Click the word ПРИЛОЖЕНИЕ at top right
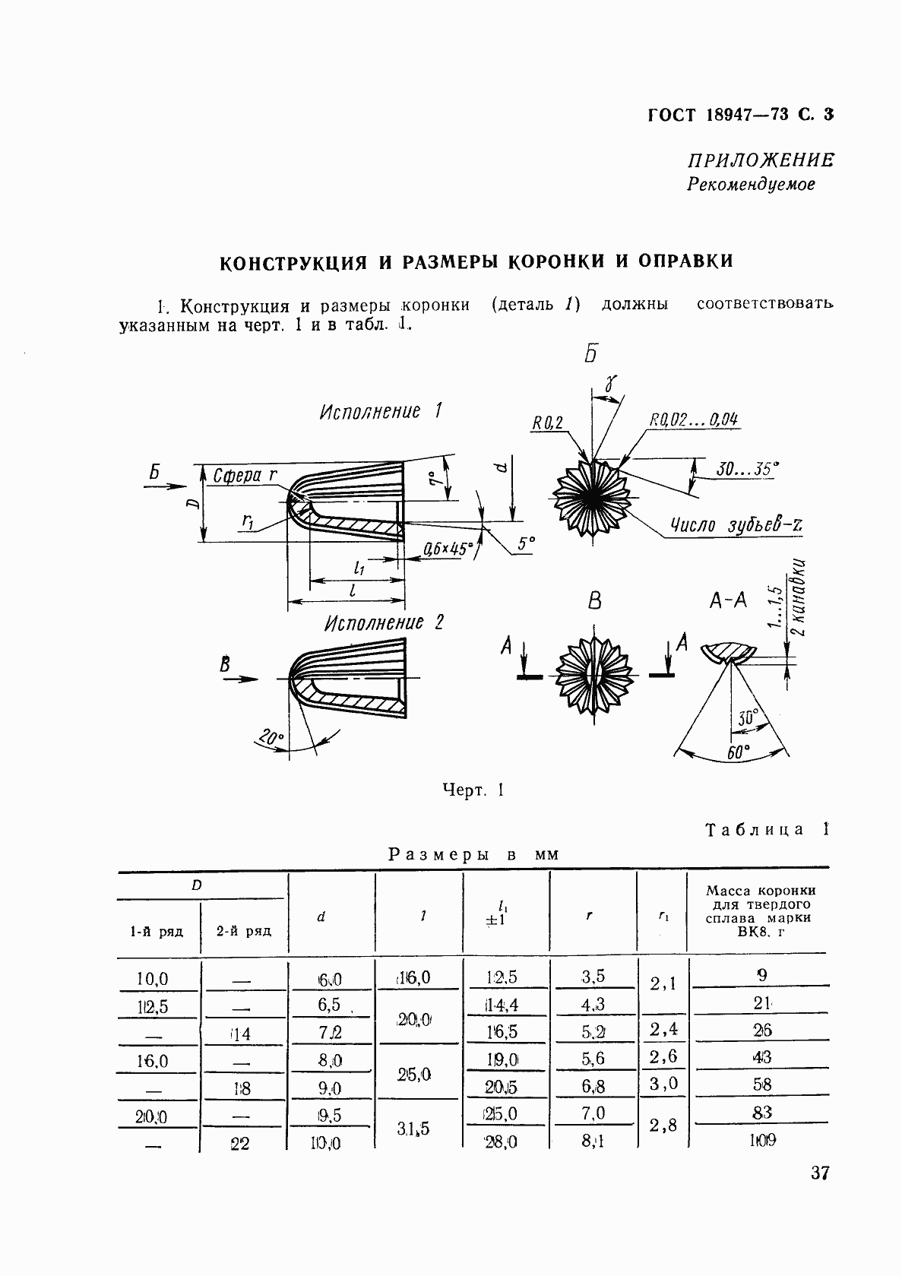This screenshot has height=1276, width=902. pyautogui.click(x=760, y=160)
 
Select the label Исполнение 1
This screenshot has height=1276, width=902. pyautogui.click(x=381, y=412)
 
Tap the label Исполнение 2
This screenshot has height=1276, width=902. pyautogui.click(x=384, y=623)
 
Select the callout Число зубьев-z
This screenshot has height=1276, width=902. pyautogui.click(x=736, y=525)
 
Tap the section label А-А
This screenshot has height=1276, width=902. pyautogui.click(x=728, y=600)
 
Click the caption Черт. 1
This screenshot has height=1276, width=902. pyautogui.click(x=473, y=790)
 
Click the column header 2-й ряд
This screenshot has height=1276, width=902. pyautogui.click(x=243, y=931)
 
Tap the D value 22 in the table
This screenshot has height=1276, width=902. pyautogui.click(x=239, y=1142)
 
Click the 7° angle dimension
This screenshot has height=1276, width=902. pyautogui.click(x=434, y=480)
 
